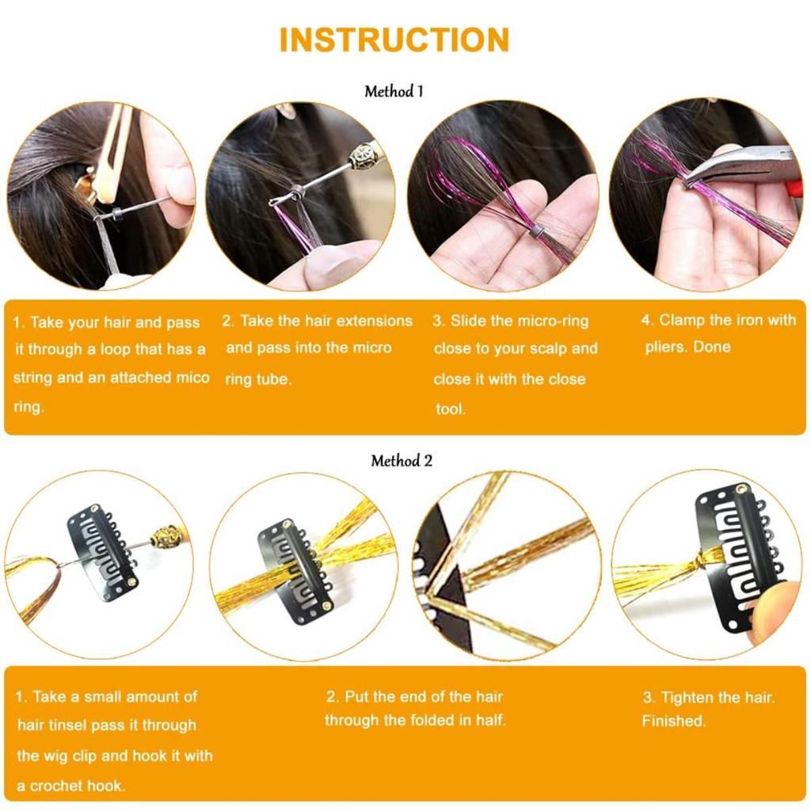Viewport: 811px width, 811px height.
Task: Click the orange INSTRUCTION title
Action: pyautogui.click(x=394, y=40)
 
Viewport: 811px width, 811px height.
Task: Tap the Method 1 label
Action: pyautogui.click(x=394, y=92)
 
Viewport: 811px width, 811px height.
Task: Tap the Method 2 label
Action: pyautogui.click(x=402, y=460)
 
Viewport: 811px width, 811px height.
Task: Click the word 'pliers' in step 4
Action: pyautogui.click(x=664, y=347)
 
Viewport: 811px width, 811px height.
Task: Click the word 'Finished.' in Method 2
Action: pyautogui.click(x=673, y=721)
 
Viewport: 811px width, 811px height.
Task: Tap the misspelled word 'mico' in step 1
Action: pyautogui.click(x=193, y=377)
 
